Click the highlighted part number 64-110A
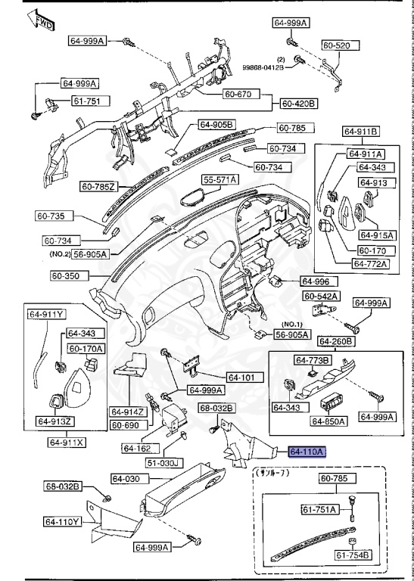click(x=307, y=452)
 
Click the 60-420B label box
click(x=299, y=103)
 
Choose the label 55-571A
click(x=219, y=179)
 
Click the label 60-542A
click(x=321, y=295)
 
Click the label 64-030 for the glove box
click(x=127, y=478)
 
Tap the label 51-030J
click(x=163, y=462)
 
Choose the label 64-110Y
click(x=62, y=521)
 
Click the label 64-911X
click(x=67, y=443)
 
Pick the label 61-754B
click(x=353, y=555)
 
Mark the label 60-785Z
click(x=99, y=186)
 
